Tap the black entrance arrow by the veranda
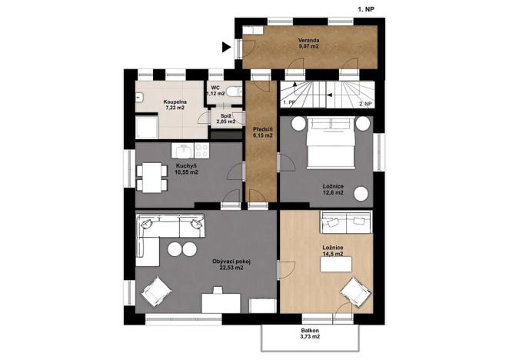226,48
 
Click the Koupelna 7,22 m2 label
176,105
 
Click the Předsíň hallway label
263,132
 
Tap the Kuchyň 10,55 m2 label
186,169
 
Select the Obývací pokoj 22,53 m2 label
232,265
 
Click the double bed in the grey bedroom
332,144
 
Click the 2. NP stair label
366,102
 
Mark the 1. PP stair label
289,102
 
